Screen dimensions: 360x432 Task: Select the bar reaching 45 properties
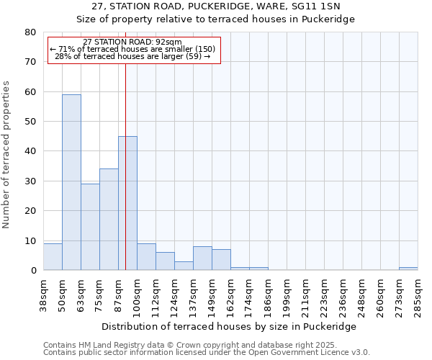tap(127, 203)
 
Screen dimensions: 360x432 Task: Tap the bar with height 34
tap(109, 220)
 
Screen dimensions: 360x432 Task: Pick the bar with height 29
tap(90, 227)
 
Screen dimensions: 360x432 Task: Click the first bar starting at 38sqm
tap(53, 257)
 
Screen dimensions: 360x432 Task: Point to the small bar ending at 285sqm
tap(408, 269)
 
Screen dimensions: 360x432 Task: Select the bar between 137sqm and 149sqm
tap(202, 258)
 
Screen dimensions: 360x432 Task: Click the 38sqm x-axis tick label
tap(43, 294)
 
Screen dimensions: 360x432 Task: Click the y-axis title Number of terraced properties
tap(7, 154)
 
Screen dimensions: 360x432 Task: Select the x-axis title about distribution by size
tap(229, 326)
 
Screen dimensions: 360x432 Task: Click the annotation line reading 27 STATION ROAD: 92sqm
tap(132, 42)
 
